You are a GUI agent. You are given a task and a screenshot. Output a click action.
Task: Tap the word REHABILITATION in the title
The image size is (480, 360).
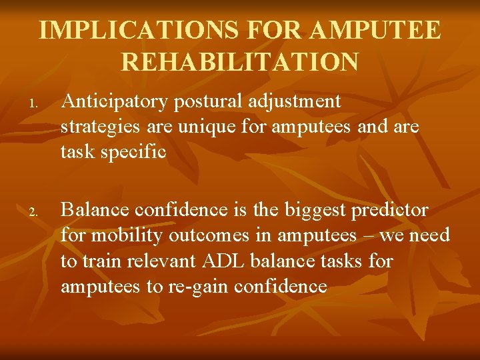[240, 62]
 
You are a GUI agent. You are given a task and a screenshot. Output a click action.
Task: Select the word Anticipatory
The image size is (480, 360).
[113, 101]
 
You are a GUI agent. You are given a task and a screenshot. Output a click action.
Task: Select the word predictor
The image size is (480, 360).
[389, 211]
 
